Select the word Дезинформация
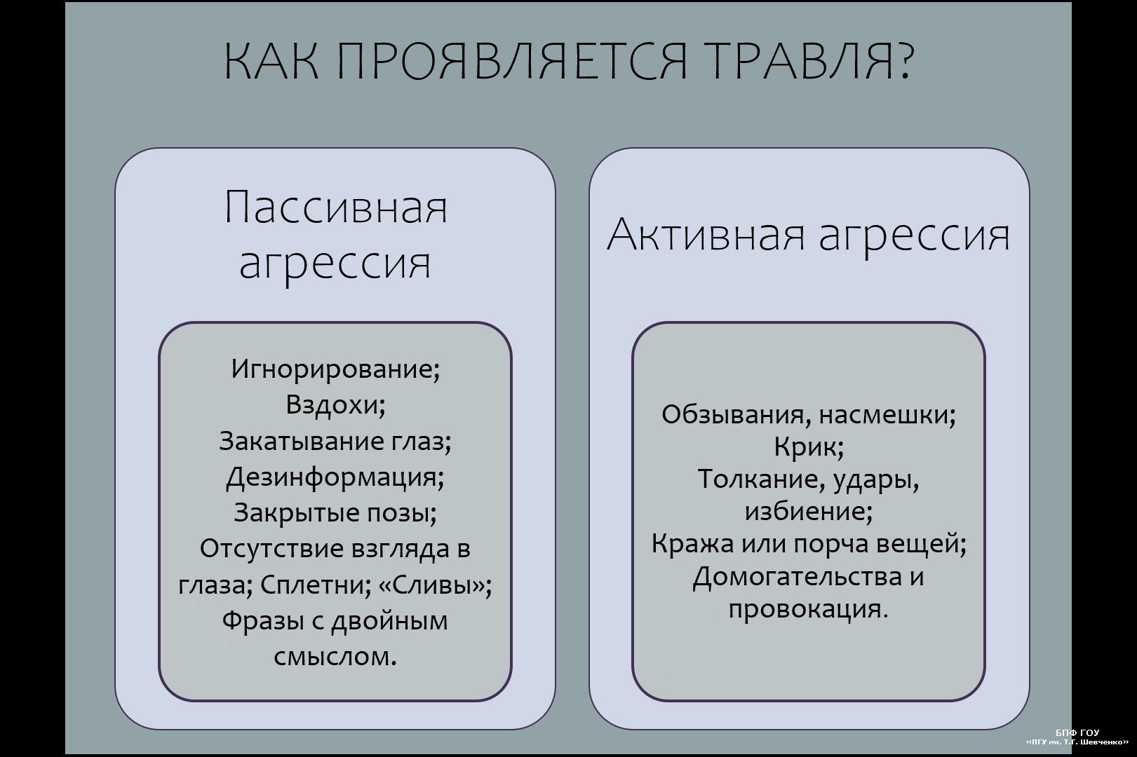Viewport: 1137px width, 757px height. [x=332, y=477]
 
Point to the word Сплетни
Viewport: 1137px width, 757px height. [x=313, y=585]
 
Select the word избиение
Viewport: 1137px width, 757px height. [x=805, y=512]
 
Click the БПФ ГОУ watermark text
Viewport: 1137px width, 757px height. [x=1077, y=732]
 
